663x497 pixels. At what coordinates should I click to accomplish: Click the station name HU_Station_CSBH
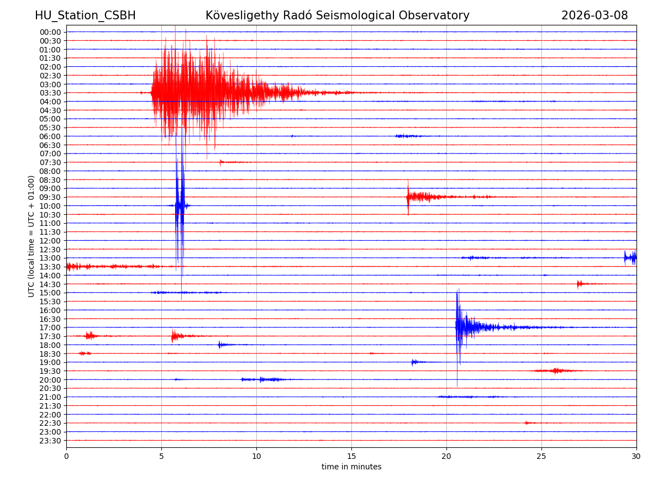click(x=85, y=15)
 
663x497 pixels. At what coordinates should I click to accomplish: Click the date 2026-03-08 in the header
click(x=594, y=15)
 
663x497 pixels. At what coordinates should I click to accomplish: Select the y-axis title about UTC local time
click(x=31, y=236)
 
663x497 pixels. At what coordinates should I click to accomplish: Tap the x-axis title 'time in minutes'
click(x=351, y=467)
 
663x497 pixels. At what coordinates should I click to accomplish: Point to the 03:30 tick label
click(x=50, y=93)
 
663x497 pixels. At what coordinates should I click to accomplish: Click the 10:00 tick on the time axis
click(x=50, y=206)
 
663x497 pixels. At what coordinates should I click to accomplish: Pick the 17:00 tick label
click(x=50, y=327)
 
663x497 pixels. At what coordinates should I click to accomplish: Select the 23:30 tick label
click(x=50, y=441)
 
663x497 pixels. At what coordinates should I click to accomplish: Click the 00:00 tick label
click(x=50, y=32)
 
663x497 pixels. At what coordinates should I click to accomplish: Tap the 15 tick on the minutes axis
click(x=351, y=456)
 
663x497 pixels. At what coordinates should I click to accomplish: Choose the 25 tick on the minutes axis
click(x=541, y=456)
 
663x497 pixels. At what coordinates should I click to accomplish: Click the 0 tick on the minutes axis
click(x=66, y=456)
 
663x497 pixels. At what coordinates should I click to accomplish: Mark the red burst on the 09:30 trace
click(x=420, y=197)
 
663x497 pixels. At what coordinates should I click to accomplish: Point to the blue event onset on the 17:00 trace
click(x=457, y=327)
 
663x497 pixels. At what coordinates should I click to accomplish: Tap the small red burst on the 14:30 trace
click(x=580, y=284)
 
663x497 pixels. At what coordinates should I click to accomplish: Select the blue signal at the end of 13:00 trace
click(x=630, y=257)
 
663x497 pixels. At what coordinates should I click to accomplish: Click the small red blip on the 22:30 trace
click(x=528, y=423)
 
